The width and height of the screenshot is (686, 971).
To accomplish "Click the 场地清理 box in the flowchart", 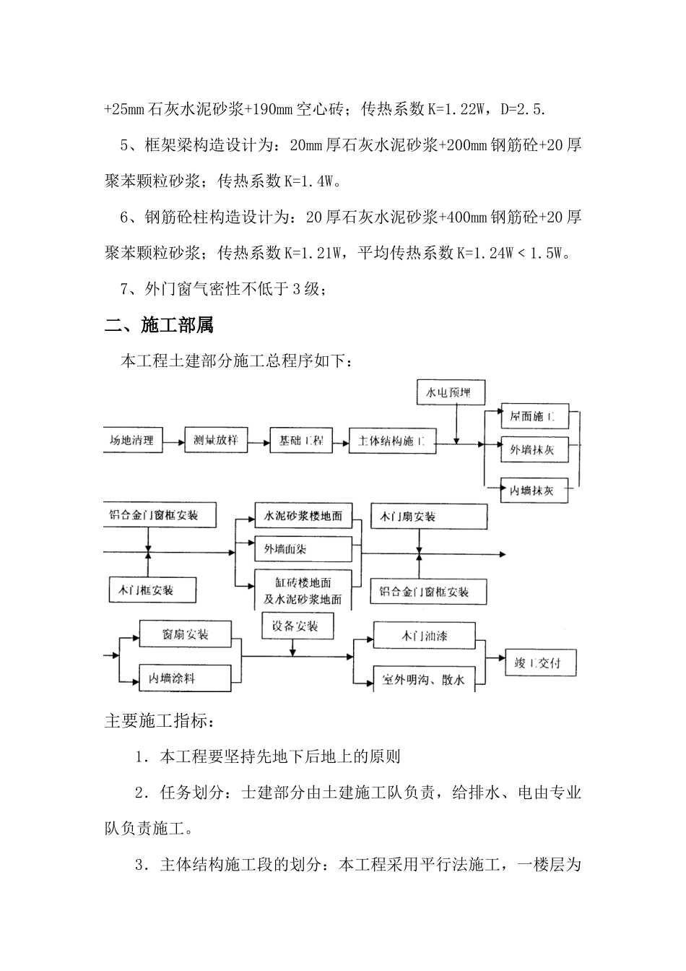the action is (133, 440).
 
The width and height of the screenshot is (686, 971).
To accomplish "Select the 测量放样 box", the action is (216, 440).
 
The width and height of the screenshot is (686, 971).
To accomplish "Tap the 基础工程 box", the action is (301, 441).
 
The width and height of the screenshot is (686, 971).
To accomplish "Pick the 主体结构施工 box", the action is (392, 441).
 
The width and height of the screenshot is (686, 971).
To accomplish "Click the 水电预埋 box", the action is (449, 393).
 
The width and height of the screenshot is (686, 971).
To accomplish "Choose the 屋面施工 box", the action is (534, 417).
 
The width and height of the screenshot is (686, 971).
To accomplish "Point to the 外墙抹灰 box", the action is (534, 449).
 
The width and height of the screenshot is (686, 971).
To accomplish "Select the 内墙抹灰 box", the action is (534, 491).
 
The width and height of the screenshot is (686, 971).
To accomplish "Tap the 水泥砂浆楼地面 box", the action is (303, 517).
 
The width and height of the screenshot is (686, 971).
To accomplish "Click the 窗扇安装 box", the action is (186, 635).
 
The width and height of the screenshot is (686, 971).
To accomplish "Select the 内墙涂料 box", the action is (186, 678).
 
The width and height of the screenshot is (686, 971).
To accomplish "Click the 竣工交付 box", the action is (541, 662).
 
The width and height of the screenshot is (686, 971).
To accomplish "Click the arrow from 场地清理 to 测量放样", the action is (174, 441).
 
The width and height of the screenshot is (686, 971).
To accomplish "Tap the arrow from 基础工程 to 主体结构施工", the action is (341, 441).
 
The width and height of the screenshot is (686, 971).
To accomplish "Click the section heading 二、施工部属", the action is (160, 326).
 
